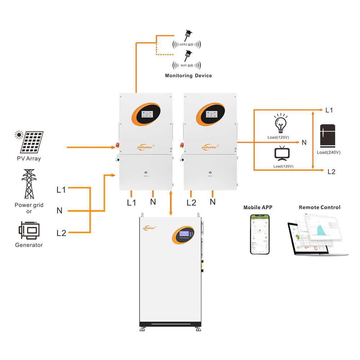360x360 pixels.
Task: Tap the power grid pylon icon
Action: (x=29, y=184)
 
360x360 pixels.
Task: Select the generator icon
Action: (x=28, y=230)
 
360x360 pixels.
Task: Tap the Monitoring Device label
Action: (x=188, y=76)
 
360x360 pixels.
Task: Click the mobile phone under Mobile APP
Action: (x=260, y=234)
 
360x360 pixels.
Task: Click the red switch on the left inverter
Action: (x=117, y=146)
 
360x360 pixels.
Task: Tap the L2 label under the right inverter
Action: (x=192, y=203)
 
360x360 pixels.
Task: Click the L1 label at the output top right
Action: (x=329, y=110)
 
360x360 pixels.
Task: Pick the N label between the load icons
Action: (x=304, y=143)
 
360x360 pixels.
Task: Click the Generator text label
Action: (x=29, y=245)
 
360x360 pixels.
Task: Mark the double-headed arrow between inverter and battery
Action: (x=171, y=203)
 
